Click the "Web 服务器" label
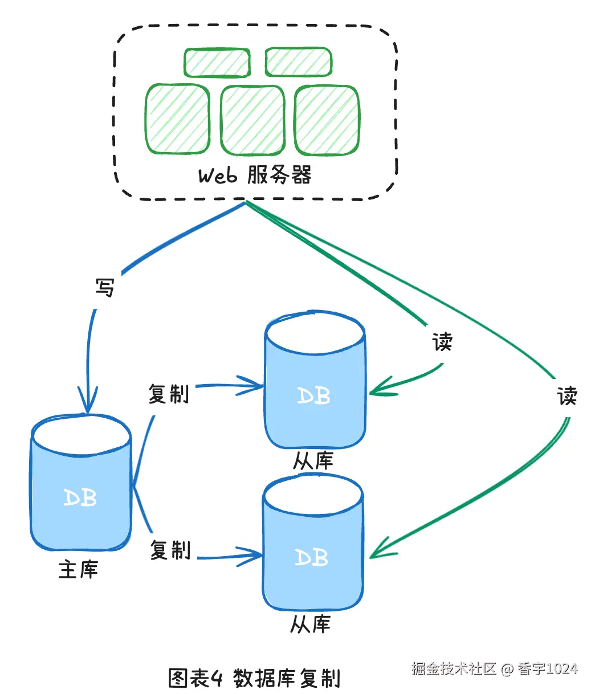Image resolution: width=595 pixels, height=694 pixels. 255,175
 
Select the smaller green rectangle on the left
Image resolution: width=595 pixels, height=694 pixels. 217,63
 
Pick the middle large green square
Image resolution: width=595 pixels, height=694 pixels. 252,120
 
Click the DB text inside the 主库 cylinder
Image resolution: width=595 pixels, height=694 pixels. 80,498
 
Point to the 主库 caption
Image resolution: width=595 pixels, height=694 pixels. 79,569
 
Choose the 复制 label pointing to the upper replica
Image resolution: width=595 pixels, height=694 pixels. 169,394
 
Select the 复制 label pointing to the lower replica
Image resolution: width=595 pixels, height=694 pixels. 170,550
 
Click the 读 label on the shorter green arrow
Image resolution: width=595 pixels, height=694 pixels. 442,342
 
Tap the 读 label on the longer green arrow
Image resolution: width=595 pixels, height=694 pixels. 567,395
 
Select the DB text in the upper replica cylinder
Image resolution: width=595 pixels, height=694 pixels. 314,395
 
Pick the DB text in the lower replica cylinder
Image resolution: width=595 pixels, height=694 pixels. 312,557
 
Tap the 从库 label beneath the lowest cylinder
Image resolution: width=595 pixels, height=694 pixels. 311,624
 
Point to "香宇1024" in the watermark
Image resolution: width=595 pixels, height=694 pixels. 548,668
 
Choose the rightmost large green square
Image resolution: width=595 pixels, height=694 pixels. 327,120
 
